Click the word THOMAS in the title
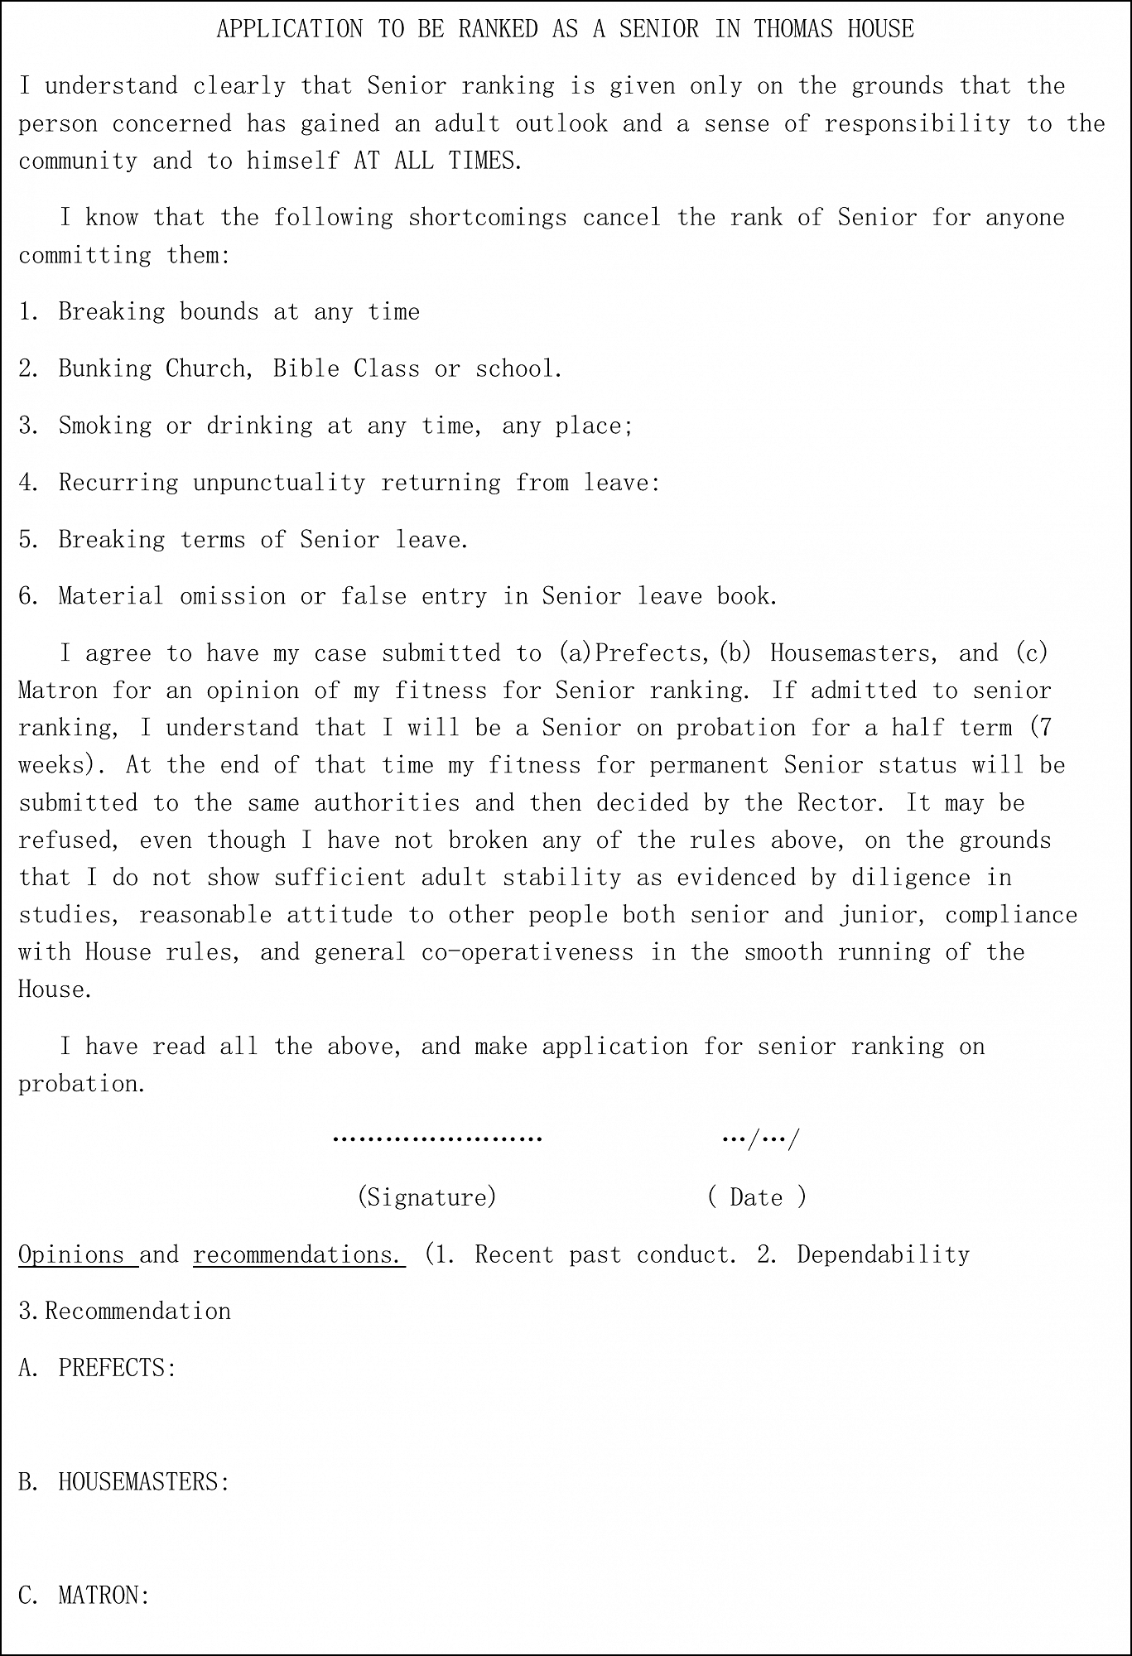click(792, 29)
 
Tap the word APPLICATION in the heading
click(289, 29)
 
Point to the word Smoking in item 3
click(104, 426)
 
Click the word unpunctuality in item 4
click(279, 483)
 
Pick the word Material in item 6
click(111, 596)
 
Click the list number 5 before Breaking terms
click(26, 540)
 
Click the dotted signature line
click(437, 1138)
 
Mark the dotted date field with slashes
click(760, 1138)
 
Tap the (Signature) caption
click(426, 1197)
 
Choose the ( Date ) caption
click(756, 1197)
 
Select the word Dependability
click(883, 1254)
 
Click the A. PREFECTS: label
click(98, 1368)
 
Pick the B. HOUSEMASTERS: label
click(124, 1481)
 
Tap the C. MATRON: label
click(84, 1596)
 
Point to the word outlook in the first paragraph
click(561, 124)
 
